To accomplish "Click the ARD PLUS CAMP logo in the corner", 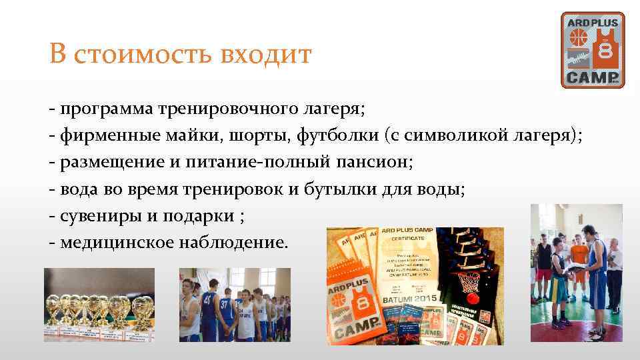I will [593, 50].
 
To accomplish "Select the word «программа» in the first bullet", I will [105, 107].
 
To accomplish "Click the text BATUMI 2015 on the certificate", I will [407, 300].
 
